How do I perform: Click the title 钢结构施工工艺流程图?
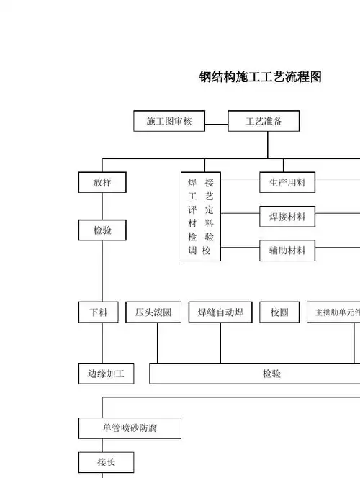coord(260,77)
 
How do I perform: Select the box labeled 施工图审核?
coord(169,122)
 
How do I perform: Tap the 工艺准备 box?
coord(264,122)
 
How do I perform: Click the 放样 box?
coord(102,182)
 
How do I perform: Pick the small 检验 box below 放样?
coord(102,231)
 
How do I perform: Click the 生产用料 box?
coord(287,182)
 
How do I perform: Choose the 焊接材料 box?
coord(287,216)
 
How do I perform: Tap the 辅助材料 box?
coord(287,251)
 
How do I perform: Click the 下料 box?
coord(99,312)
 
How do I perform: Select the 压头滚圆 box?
coord(153,312)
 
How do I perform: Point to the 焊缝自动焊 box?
coord(220,312)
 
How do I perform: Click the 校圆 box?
coord(279,312)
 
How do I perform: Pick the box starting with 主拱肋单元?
coord(334,312)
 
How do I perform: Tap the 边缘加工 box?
coord(106,374)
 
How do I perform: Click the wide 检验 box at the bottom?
coord(271,374)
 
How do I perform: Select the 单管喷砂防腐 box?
coord(130,428)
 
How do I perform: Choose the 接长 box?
coord(106,462)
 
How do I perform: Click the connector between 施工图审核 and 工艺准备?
coord(216,122)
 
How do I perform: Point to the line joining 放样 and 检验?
coord(102,207)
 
